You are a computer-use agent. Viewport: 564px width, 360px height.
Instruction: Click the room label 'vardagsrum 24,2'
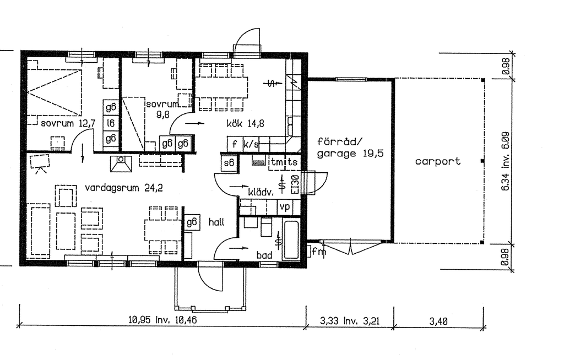coord(124,188)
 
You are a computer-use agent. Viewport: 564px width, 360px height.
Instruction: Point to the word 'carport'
coord(438,161)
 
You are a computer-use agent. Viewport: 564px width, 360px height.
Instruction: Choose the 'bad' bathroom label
coord(264,255)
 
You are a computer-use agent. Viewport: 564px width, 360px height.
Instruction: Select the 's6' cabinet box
coord(228,162)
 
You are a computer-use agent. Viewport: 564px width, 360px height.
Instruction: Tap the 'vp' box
coord(285,206)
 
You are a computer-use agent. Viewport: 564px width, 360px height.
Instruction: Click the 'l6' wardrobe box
coord(111,123)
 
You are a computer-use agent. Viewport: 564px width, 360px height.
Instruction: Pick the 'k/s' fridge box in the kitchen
coord(251,144)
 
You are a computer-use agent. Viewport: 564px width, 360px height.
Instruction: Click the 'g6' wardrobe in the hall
coord(192,222)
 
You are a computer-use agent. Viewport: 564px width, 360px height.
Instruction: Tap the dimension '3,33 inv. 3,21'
coord(350,320)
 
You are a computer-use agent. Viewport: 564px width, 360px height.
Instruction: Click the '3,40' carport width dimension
coord(438,320)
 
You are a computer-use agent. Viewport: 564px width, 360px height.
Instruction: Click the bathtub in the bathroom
coord(290,239)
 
